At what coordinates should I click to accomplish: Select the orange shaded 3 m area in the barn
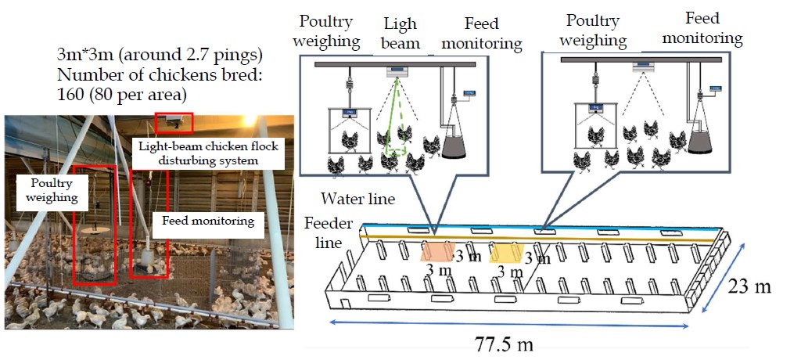pos(439,252)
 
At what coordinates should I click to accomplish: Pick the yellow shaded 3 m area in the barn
pos(506,254)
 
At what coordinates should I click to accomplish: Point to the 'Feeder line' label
pos(323,232)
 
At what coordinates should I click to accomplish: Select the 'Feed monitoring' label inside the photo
pos(208,221)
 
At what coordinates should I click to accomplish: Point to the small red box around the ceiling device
pos(173,122)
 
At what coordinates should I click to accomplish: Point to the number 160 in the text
pos(73,95)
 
